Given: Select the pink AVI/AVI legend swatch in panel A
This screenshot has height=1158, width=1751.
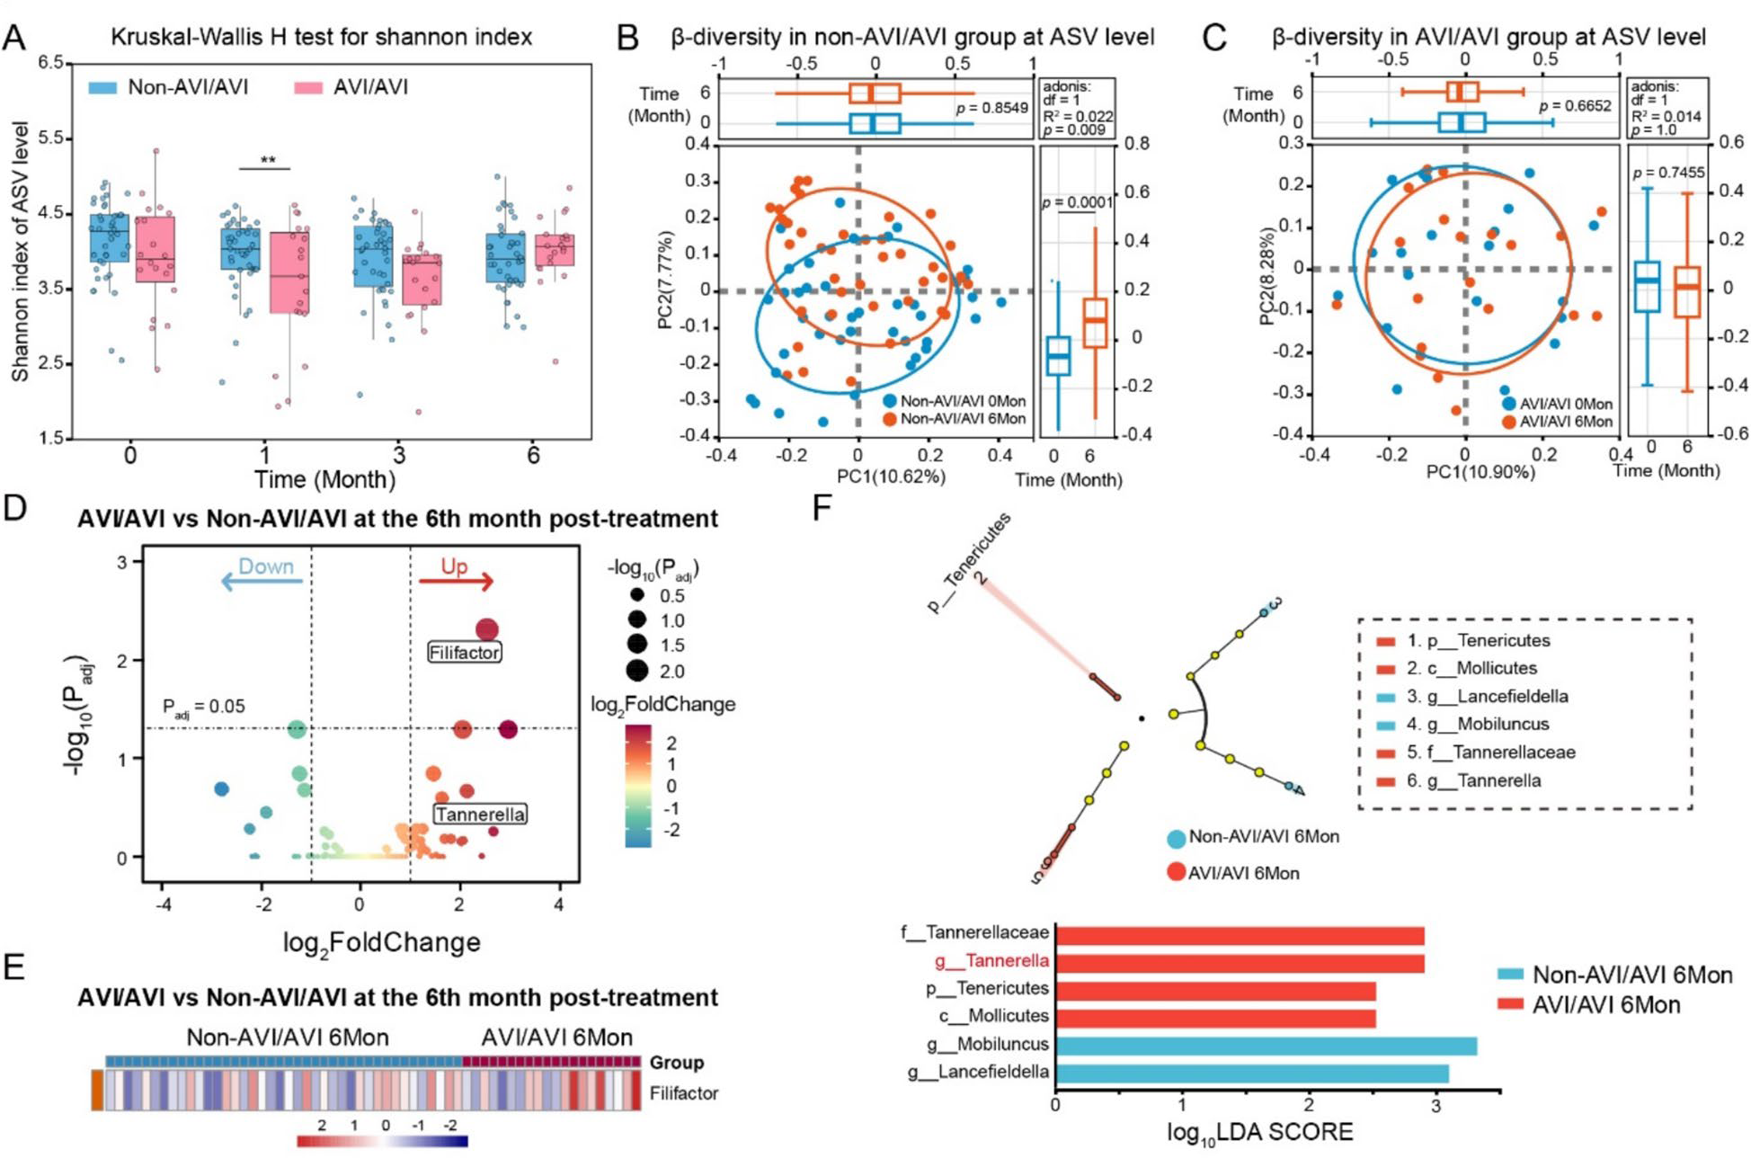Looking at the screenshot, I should coord(308,87).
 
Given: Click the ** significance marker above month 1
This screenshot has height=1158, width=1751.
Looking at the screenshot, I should coord(268,161).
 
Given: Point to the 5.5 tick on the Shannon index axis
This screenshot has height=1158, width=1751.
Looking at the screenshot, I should coord(50,138).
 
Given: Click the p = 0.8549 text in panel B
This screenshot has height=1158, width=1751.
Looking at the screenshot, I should coord(991,108).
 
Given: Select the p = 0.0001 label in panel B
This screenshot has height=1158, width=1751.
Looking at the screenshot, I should coord(1077,202).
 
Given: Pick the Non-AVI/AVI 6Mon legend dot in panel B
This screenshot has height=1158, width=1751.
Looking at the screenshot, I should coord(890,419).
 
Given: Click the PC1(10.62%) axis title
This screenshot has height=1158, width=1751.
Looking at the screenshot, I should coord(891,477).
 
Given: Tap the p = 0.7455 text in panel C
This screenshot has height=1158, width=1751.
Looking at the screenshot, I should coord(1668,173).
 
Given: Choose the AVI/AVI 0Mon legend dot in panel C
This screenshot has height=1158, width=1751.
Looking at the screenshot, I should coord(1507,405).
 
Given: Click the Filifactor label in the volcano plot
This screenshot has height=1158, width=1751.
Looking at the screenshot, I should coord(464,653).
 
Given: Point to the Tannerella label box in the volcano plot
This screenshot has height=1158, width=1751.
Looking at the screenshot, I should coord(480,815).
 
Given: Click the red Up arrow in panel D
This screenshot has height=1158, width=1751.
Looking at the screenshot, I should coord(457,582).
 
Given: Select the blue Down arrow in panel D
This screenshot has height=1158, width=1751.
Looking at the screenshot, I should coord(262,582).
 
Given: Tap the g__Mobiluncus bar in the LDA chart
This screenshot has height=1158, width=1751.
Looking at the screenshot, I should coord(1265,1045).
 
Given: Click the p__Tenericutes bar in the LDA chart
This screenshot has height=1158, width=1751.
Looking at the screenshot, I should coord(1214,990).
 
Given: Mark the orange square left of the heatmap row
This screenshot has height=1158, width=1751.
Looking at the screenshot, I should coord(97,1090).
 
